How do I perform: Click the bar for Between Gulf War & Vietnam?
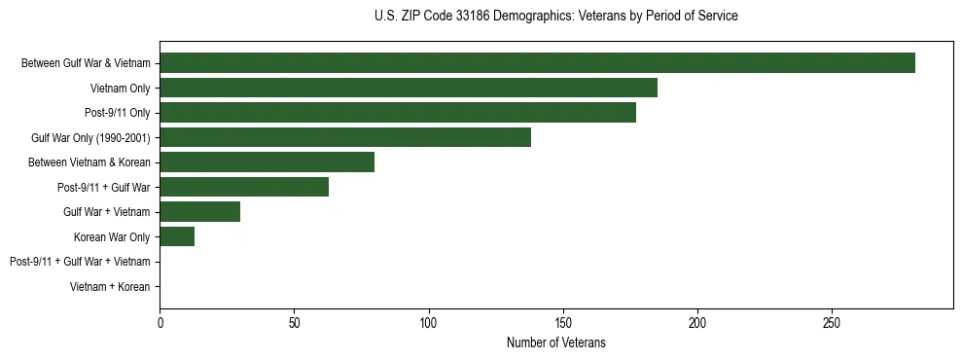pyautogui.click(x=537, y=63)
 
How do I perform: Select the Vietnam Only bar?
pyautogui.click(x=409, y=88)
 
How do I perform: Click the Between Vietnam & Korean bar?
pyautogui.click(x=267, y=162)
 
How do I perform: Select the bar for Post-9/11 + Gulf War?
pyautogui.click(x=244, y=187)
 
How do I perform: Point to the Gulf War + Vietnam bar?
pyautogui.click(x=199, y=212)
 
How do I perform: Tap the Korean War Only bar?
pyautogui.click(x=177, y=236)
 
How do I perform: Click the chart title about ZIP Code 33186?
pyautogui.click(x=555, y=17)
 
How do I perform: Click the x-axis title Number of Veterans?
pyautogui.click(x=555, y=342)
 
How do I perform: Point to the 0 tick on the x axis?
pyautogui.click(x=160, y=323)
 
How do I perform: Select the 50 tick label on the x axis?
pyautogui.click(x=294, y=323)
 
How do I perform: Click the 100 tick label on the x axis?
pyautogui.click(x=428, y=323)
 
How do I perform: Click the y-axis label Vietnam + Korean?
pyautogui.click(x=110, y=287)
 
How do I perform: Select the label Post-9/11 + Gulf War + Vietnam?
pyautogui.click(x=80, y=262)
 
